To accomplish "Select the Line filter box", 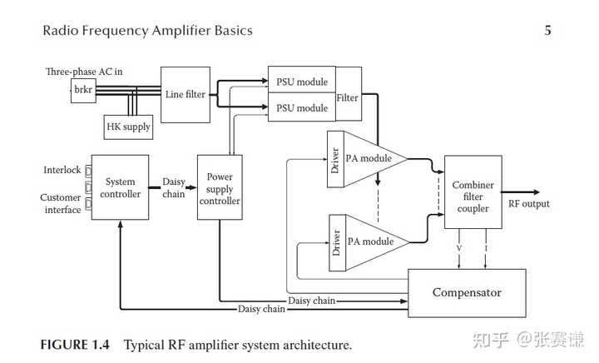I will click(x=186, y=93).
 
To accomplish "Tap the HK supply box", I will click(x=128, y=127).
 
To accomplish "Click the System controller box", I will click(x=120, y=187).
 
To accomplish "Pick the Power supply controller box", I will click(x=220, y=188).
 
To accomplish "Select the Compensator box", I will click(x=466, y=292).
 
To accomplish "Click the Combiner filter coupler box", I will click(x=473, y=196).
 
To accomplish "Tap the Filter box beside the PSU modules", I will click(x=347, y=97).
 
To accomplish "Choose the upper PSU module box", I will click(x=301, y=82).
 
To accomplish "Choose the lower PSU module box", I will click(x=301, y=107).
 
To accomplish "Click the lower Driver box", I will click(x=336, y=243).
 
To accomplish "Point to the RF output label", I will click(x=528, y=204).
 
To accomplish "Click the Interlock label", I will click(x=62, y=170).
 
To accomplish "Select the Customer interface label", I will click(x=61, y=204).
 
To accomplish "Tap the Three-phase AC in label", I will click(x=84, y=72).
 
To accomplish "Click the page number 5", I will click(x=547, y=32).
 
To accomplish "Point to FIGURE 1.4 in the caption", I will click(x=77, y=344).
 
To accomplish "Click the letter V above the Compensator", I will click(x=458, y=247).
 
